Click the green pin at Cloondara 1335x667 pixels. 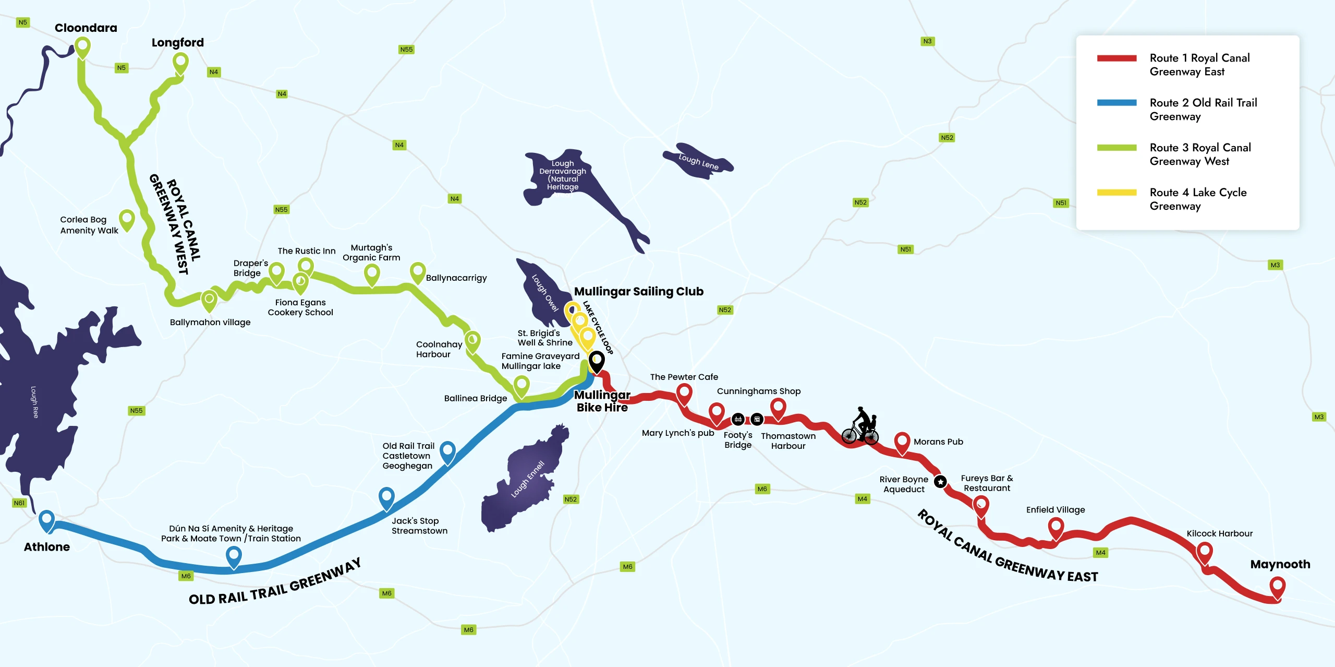coord(82,47)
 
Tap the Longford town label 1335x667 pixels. coord(177,42)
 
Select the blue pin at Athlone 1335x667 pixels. coord(47,520)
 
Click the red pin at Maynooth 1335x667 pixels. coord(1277,587)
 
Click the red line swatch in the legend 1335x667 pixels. coord(1116,58)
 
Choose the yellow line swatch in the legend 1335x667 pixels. coord(1116,193)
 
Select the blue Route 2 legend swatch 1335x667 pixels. coord(1116,103)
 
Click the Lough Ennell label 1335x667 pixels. coord(527,479)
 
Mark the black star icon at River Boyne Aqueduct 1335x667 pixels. coord(940,482)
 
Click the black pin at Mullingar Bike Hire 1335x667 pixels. coord(597,361)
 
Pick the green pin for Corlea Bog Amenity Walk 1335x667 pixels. coord(127,220)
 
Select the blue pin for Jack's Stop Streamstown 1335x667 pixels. coord(386,497)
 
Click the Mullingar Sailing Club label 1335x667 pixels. coord(638,291)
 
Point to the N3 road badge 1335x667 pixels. coord(927,41)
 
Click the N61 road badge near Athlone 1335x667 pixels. coord(19,503)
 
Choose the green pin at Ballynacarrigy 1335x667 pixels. coord(418,272)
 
